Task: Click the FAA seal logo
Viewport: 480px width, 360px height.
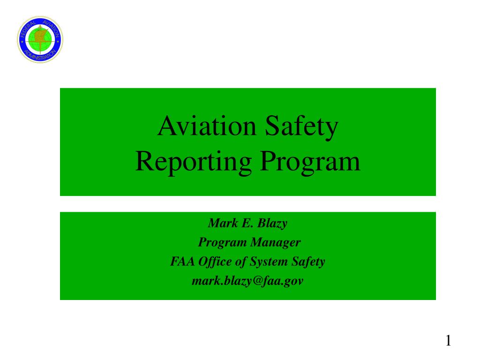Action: click(40, 39)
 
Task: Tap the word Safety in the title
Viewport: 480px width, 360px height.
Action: click(301, 127)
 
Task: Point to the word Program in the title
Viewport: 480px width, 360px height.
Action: click(310, 161)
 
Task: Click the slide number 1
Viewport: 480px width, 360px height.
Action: click(448, 341)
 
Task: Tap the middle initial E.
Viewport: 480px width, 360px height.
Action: click(245, 223)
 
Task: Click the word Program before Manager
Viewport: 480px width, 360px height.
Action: click(222, 243)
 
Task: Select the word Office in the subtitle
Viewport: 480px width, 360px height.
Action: click(215, 262)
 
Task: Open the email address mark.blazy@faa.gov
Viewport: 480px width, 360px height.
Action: click(247, 281)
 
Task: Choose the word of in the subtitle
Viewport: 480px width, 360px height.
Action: click(240, 262)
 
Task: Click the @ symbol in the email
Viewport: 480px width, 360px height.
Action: click(268, 281)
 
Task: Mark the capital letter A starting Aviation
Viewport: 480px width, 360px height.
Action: click(165, 127)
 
